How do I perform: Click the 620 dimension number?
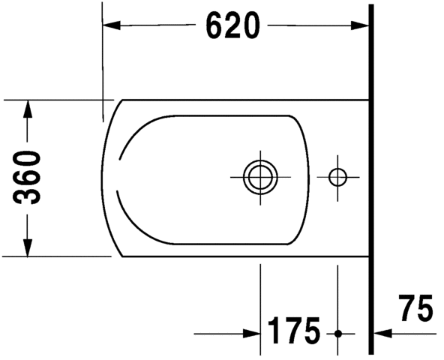tap(232, 25)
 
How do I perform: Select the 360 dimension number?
tap(27, 178)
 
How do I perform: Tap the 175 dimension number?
tap(294, 331)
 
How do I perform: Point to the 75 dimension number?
tap(416, 308)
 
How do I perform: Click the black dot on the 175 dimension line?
tap(337, 334)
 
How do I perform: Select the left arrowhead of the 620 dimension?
tap(112, 25)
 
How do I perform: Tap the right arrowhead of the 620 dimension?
tap(359, 25)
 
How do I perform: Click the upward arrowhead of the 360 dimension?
tap(28, 109)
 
